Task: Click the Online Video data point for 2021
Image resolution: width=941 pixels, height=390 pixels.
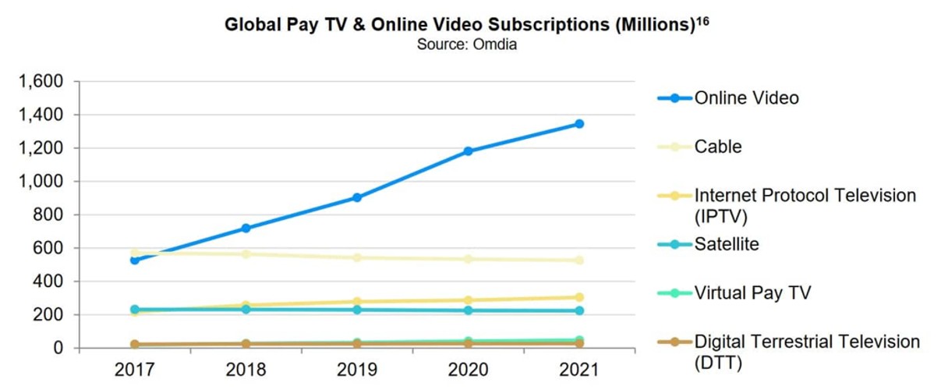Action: tap(579, 124)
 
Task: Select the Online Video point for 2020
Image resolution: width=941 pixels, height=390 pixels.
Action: tap(468, 151)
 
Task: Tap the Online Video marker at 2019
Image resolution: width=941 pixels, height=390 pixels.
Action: tap(356, 197)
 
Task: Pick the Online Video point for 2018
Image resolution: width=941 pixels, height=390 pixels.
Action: tap(246, 229)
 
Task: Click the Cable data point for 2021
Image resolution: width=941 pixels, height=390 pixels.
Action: tap(579, 261)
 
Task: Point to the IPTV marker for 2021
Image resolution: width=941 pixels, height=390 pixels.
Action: tap(579, 297)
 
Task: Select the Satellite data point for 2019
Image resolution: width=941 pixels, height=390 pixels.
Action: tap(356, 310)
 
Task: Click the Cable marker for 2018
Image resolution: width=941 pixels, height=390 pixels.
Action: tap(246, 254)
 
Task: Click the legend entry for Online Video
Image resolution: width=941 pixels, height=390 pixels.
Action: tap(746, 98)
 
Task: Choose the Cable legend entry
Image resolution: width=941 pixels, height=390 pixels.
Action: tap(718, 147)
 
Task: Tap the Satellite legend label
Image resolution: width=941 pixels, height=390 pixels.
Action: tap(727, 244)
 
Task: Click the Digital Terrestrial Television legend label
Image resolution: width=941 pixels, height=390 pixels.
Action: tap(807, 342)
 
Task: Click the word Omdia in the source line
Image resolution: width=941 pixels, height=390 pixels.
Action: tap(494, 44)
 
